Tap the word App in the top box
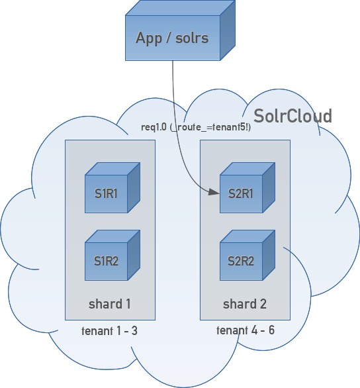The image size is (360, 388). [x=149, y=38]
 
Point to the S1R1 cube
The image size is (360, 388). [x=106, y=193]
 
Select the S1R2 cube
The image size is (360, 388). [x=106, y=260]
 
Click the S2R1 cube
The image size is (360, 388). [x=241, y=193]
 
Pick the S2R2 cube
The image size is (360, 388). [x=241, y=260]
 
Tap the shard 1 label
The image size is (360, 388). [x=110, y=304]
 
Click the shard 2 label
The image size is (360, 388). [x=245, y=304]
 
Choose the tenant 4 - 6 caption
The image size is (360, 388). [x=246, y=330]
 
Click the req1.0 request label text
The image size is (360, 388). [x=154, y=127]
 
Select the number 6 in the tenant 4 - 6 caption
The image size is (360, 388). [x=271, y=330]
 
